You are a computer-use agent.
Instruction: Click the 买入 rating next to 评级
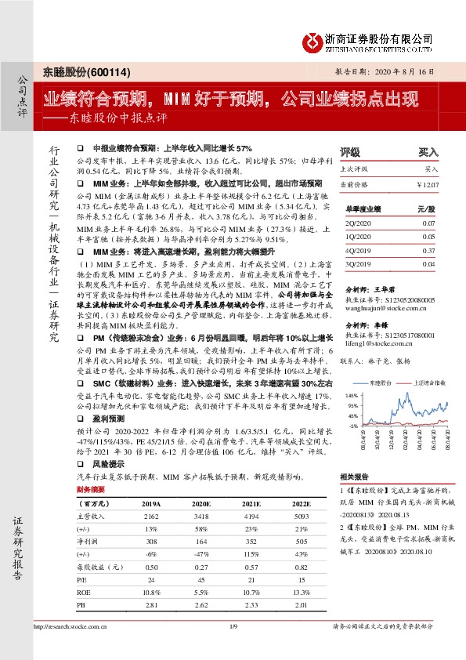click(428, 152)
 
